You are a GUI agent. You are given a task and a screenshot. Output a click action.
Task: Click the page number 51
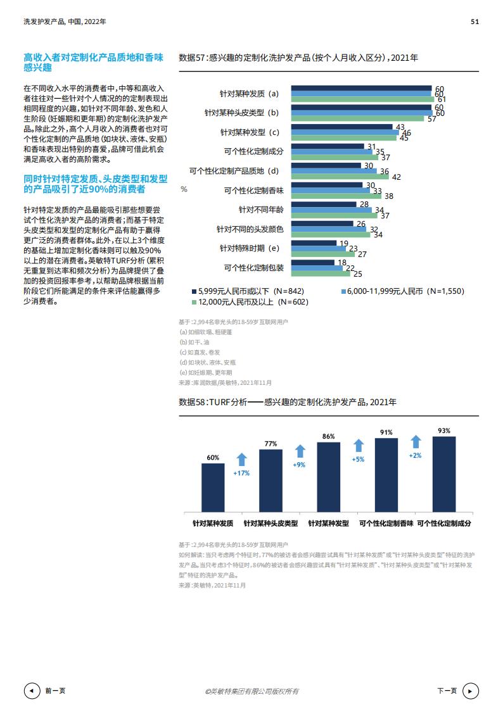pos(474,21)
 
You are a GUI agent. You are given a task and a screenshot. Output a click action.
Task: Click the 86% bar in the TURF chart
pos(328,476)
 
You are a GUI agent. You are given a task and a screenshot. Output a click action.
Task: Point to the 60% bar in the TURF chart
pos(213,487)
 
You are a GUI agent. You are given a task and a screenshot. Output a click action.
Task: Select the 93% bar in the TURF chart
pos(444,474)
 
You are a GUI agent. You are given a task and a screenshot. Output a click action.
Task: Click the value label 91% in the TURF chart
pos(386,432)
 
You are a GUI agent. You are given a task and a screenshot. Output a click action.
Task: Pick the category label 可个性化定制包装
pos(253,267)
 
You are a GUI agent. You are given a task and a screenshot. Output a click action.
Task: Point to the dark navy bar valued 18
pos(313,262)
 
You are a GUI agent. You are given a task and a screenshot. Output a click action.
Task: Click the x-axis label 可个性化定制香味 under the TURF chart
pos(386,524)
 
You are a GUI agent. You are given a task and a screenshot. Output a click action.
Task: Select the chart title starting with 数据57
pos(298,58)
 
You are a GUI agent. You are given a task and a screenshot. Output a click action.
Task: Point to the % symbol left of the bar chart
pos(184,189)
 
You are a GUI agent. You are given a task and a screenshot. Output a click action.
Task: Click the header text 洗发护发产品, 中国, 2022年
pos(65,21)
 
